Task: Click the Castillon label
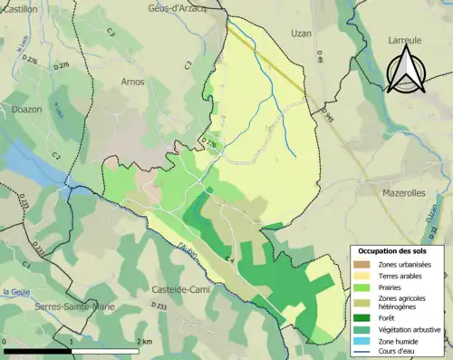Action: coord(19,8)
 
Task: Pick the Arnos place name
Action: coord(133,82)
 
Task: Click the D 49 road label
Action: coord(320,57)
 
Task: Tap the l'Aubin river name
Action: coord(188,248)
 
